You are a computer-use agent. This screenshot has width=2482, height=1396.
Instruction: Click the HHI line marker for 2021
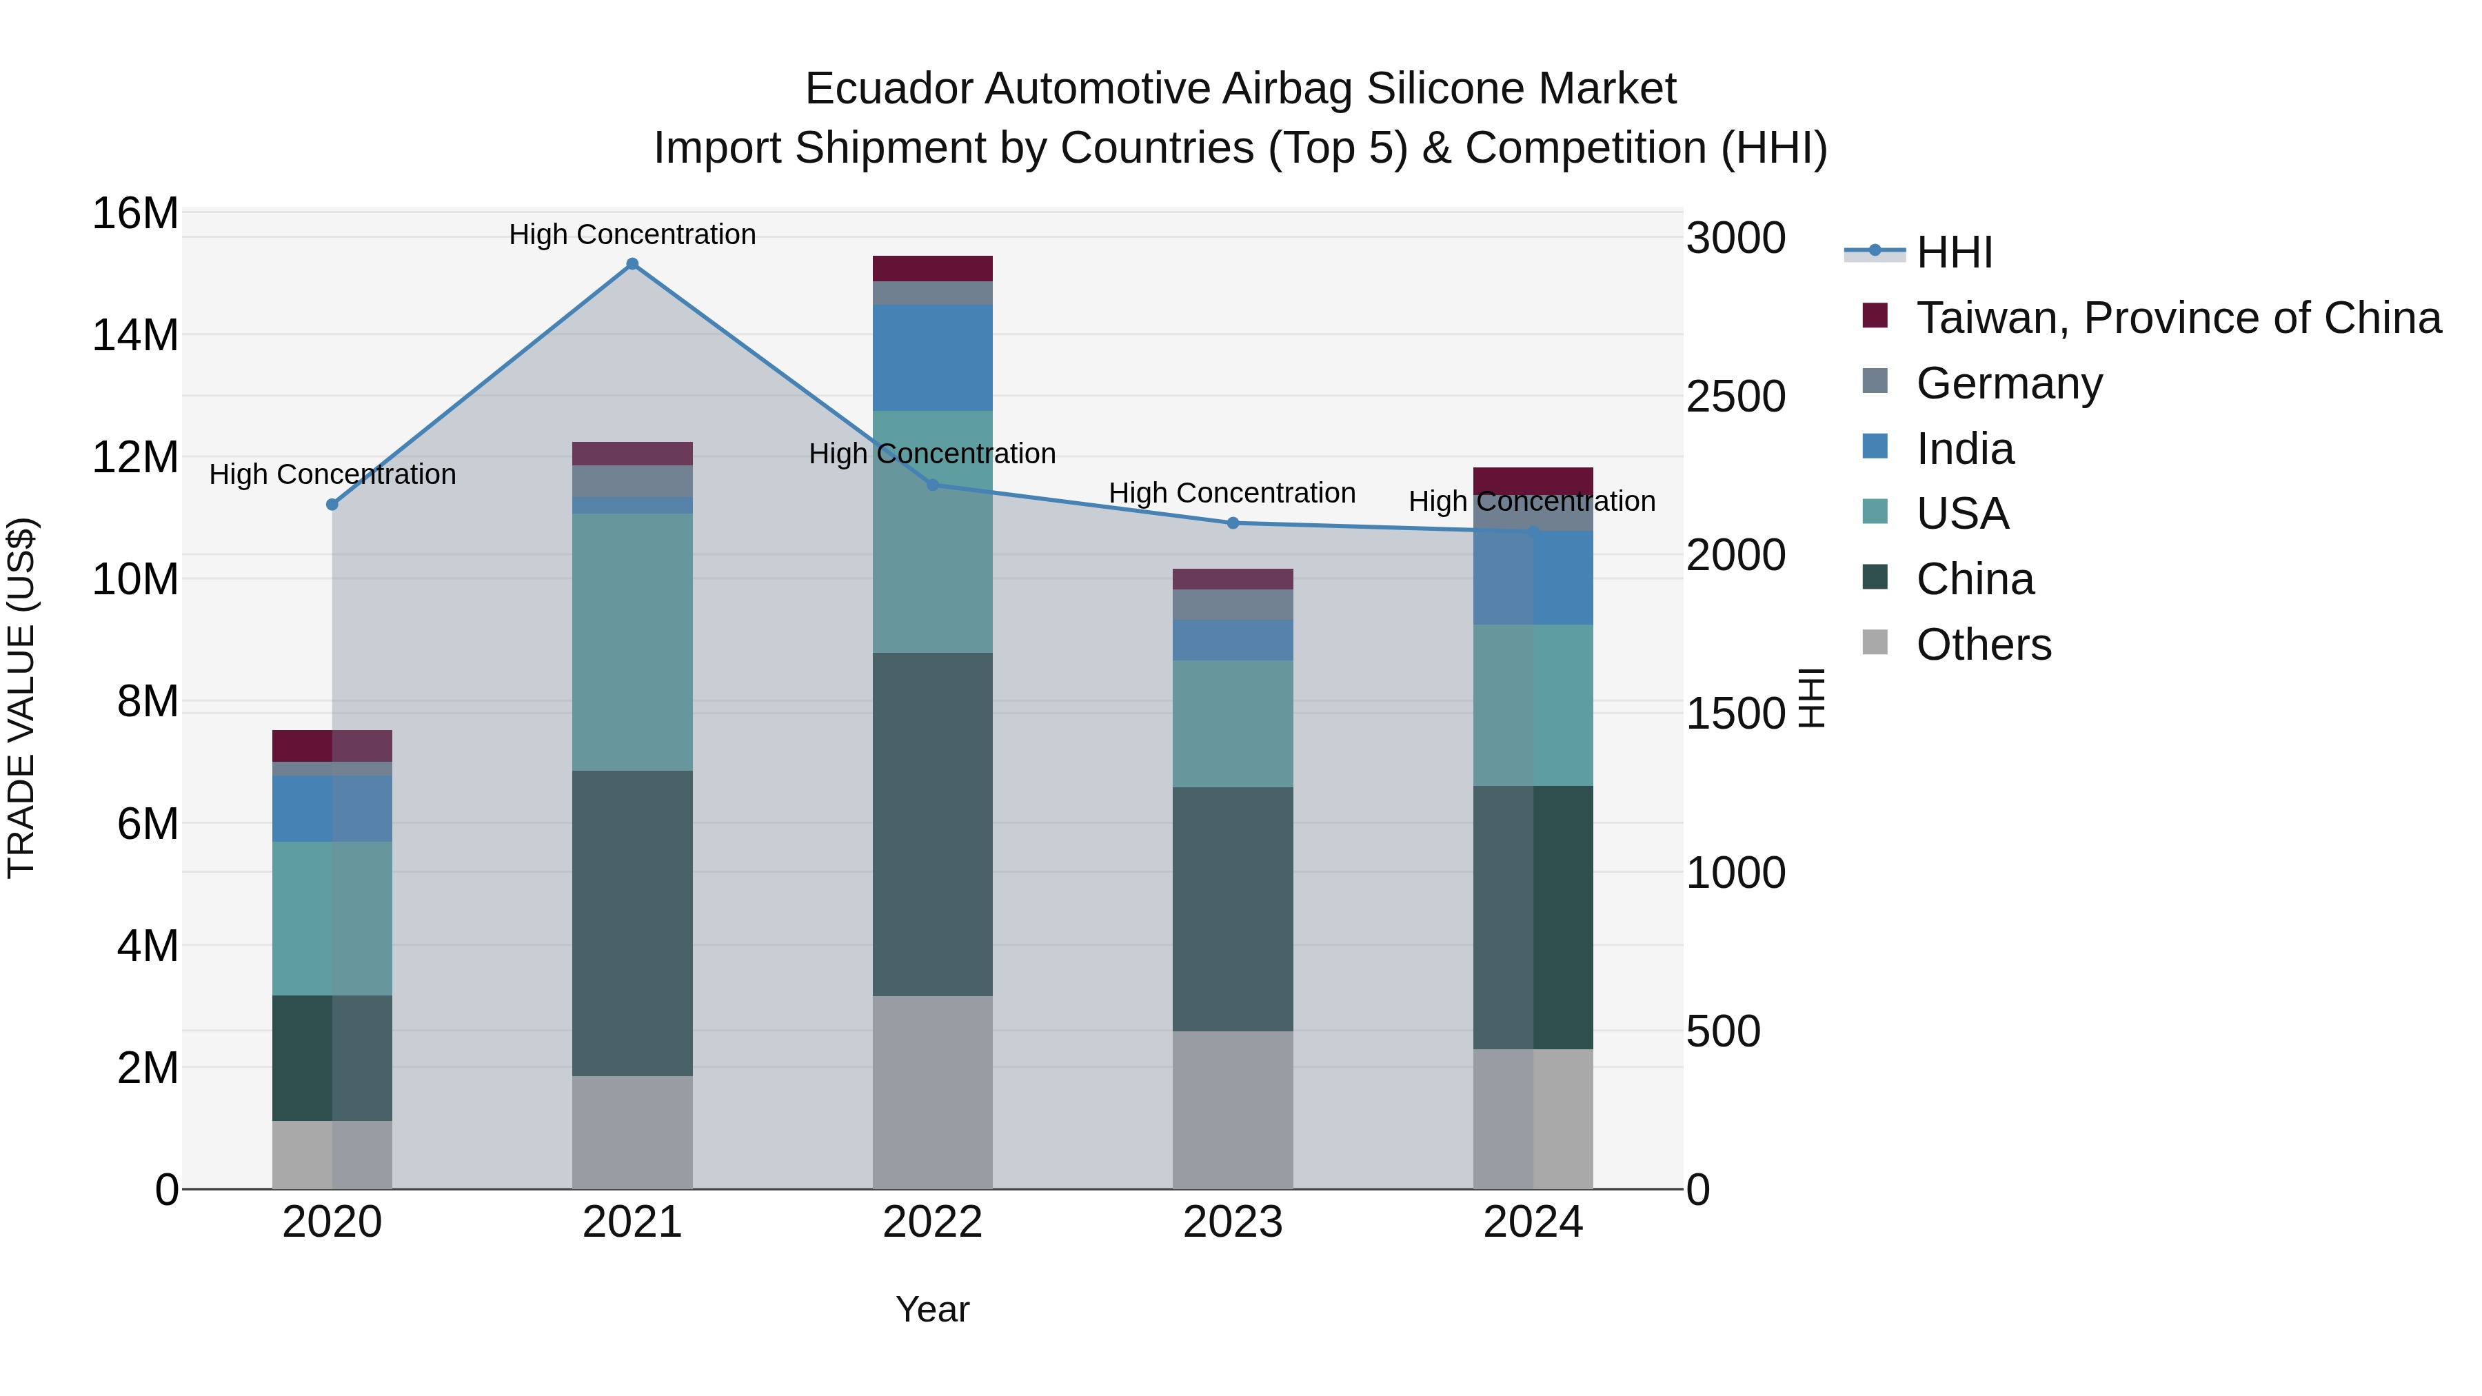coord(632,264)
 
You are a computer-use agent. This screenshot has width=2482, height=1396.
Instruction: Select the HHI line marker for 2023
coord(1232,523)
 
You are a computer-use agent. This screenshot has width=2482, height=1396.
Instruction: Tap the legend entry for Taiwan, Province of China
coord(2177,318)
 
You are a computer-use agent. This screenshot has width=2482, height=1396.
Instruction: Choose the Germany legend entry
coord(2009,383)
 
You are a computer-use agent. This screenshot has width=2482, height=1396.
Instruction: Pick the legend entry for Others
coord(1983,645)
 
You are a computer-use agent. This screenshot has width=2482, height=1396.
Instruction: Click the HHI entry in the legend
coord(1954,252)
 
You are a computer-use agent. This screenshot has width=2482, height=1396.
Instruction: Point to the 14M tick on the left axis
coord(135,335)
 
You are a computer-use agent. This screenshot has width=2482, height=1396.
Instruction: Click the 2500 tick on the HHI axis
coord(1735,397)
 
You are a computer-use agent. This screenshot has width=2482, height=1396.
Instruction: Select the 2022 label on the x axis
coord(931,1222)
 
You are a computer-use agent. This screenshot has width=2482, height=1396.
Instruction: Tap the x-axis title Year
coord(931,1309)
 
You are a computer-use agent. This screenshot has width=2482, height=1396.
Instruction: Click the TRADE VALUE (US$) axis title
coord(21,698)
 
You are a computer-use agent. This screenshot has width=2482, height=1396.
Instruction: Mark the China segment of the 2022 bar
coord(931,824)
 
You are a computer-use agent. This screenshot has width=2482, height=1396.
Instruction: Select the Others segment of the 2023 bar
coord(1232,1109)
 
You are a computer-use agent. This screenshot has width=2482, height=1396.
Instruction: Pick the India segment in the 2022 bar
coord(931,357)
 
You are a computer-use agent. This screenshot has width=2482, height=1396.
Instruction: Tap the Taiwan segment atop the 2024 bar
coord(1532,480)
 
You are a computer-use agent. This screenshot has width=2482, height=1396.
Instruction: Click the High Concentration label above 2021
coord(632,234)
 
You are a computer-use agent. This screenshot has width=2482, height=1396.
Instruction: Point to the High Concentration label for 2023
coord(1231,492)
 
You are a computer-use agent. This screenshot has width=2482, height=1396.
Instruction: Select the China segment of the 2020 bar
coord(332,1057)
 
